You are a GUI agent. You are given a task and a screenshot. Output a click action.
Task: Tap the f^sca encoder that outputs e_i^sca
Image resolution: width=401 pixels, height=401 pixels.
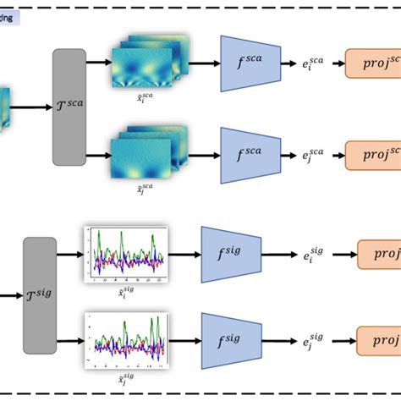(x=251, y=63)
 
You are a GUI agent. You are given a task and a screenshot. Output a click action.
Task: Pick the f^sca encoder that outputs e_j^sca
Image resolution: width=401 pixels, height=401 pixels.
(x=251, y=154)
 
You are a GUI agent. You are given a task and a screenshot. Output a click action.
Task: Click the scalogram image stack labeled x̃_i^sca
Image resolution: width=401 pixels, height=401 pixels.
(x=148, y=63)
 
